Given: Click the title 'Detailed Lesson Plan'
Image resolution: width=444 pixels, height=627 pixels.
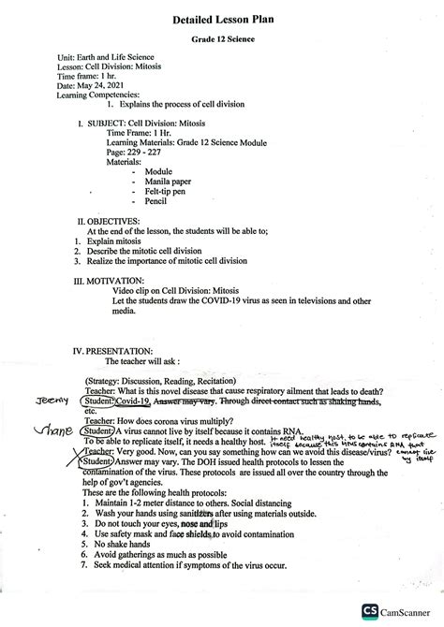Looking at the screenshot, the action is coord(221,19).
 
